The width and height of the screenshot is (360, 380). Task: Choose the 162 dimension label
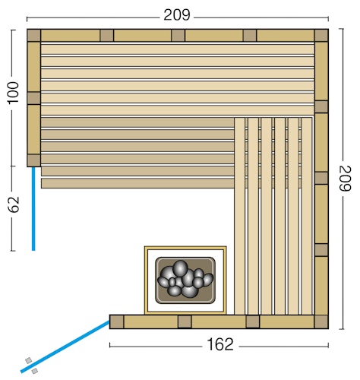(220, 344)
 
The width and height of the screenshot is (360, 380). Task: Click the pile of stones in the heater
(185, 278)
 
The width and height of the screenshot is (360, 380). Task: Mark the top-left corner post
(33, 35)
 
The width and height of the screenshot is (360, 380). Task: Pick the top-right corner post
(321, 35)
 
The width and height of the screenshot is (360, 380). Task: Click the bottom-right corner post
(321, 321)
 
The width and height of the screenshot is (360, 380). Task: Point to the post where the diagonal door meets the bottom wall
(116, 321)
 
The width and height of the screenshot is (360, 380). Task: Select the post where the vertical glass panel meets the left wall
(33, 160)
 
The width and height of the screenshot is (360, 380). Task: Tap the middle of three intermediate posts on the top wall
(178, 35)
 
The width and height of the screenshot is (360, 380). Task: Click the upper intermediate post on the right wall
(321, 106)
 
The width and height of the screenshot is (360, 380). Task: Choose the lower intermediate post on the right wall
(321, 249)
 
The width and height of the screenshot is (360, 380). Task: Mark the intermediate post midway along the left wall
(33, 98)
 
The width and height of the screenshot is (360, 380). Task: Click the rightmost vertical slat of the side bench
(307, 217)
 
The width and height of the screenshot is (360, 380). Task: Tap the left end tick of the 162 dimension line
(110, 345)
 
